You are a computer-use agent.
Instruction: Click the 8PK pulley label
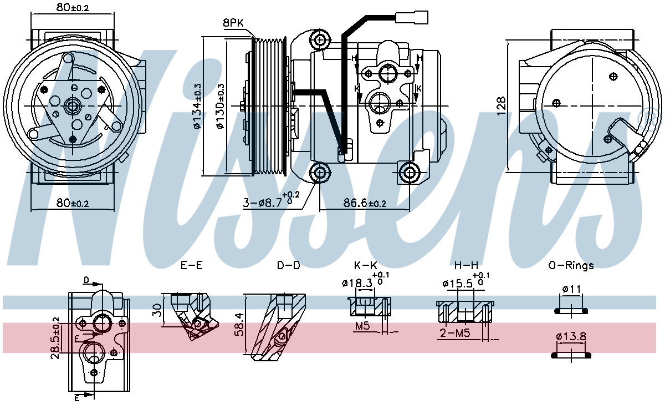coord(233,23)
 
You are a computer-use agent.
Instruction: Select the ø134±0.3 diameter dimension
coord(197,106)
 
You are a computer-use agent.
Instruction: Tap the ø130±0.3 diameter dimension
coord(221,106)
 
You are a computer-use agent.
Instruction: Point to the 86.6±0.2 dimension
coord(365,203)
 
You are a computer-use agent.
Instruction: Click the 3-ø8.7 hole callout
coord(272,200)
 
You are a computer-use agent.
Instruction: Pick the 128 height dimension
coord(502,106)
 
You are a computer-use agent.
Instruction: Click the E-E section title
coord(192,265)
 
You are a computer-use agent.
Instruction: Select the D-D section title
coord(289,265)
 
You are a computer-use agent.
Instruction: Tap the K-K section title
coord(365,265)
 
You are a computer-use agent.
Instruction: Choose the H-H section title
coord(467,265)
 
